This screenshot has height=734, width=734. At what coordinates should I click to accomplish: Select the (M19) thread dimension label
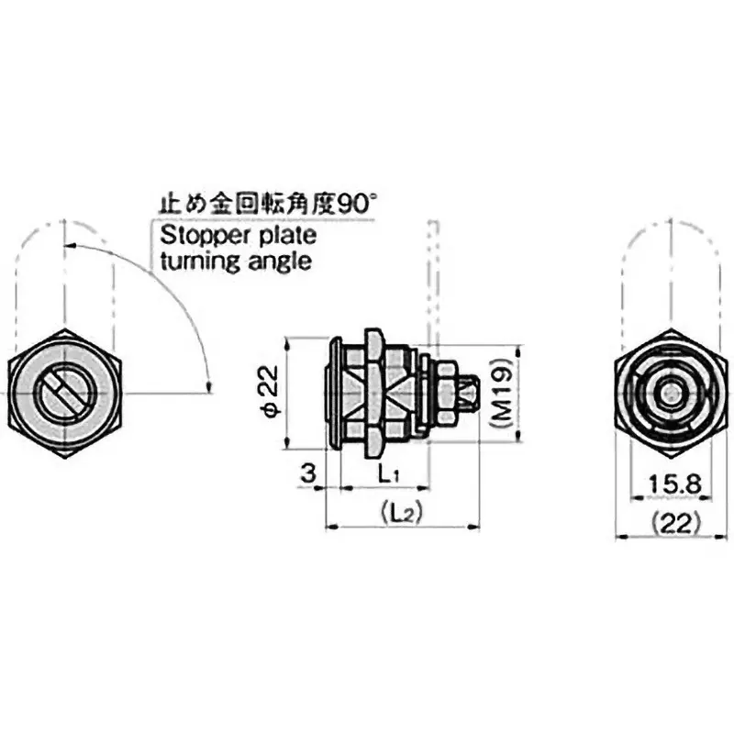coord(501,394)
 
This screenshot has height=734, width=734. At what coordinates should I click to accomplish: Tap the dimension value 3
coord(308,473)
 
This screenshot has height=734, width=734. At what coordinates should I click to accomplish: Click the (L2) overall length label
coord(399,516)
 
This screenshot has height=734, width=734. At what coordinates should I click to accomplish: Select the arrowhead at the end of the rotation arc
coord(209,384)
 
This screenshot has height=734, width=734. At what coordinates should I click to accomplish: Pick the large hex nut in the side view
coord(374,394)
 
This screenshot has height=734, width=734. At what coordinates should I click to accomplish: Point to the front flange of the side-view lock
coord(335,394)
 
